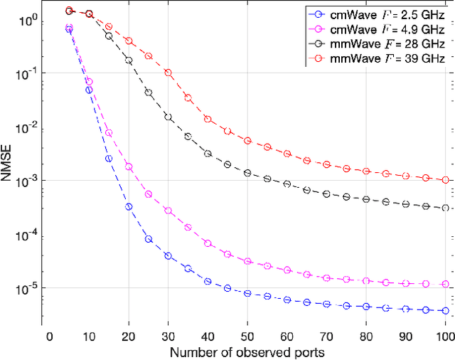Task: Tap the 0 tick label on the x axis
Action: point(49,335)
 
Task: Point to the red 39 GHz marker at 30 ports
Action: point(168,73)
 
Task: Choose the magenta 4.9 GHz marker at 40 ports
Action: point(208,243)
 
